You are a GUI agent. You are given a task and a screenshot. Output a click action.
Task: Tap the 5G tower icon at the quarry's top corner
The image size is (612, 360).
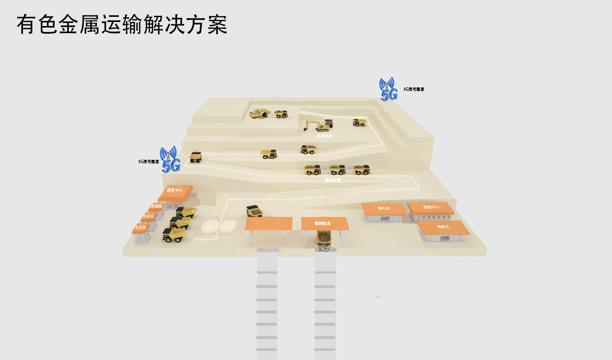pos(388,90)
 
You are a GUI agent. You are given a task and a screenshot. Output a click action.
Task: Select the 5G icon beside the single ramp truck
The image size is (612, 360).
pos(170,159)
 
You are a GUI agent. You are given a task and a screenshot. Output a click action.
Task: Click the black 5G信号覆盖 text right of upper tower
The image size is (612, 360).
pos(414,89)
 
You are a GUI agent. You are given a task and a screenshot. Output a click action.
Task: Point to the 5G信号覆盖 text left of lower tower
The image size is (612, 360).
pos(148,162)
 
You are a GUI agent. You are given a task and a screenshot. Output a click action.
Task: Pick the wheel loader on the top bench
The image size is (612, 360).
pos(260,113)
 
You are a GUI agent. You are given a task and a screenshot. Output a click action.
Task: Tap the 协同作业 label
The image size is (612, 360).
pos(324,136)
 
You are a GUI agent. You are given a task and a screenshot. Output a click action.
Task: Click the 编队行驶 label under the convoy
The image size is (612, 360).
pos(333,180)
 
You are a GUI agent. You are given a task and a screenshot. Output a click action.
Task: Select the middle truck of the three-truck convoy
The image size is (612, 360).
pos(337,170)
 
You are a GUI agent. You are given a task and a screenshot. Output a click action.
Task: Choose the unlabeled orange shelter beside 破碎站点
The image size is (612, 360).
pos(268,223)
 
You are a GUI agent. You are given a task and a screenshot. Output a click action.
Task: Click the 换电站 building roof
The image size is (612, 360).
pos(384,209)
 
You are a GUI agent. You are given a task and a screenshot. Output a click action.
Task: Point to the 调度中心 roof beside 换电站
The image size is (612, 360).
pos(430,208)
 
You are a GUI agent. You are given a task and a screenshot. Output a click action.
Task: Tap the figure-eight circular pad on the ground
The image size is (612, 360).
pos(219,225)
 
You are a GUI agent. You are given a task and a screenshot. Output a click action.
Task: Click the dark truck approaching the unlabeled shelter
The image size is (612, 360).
pos(254,211)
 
